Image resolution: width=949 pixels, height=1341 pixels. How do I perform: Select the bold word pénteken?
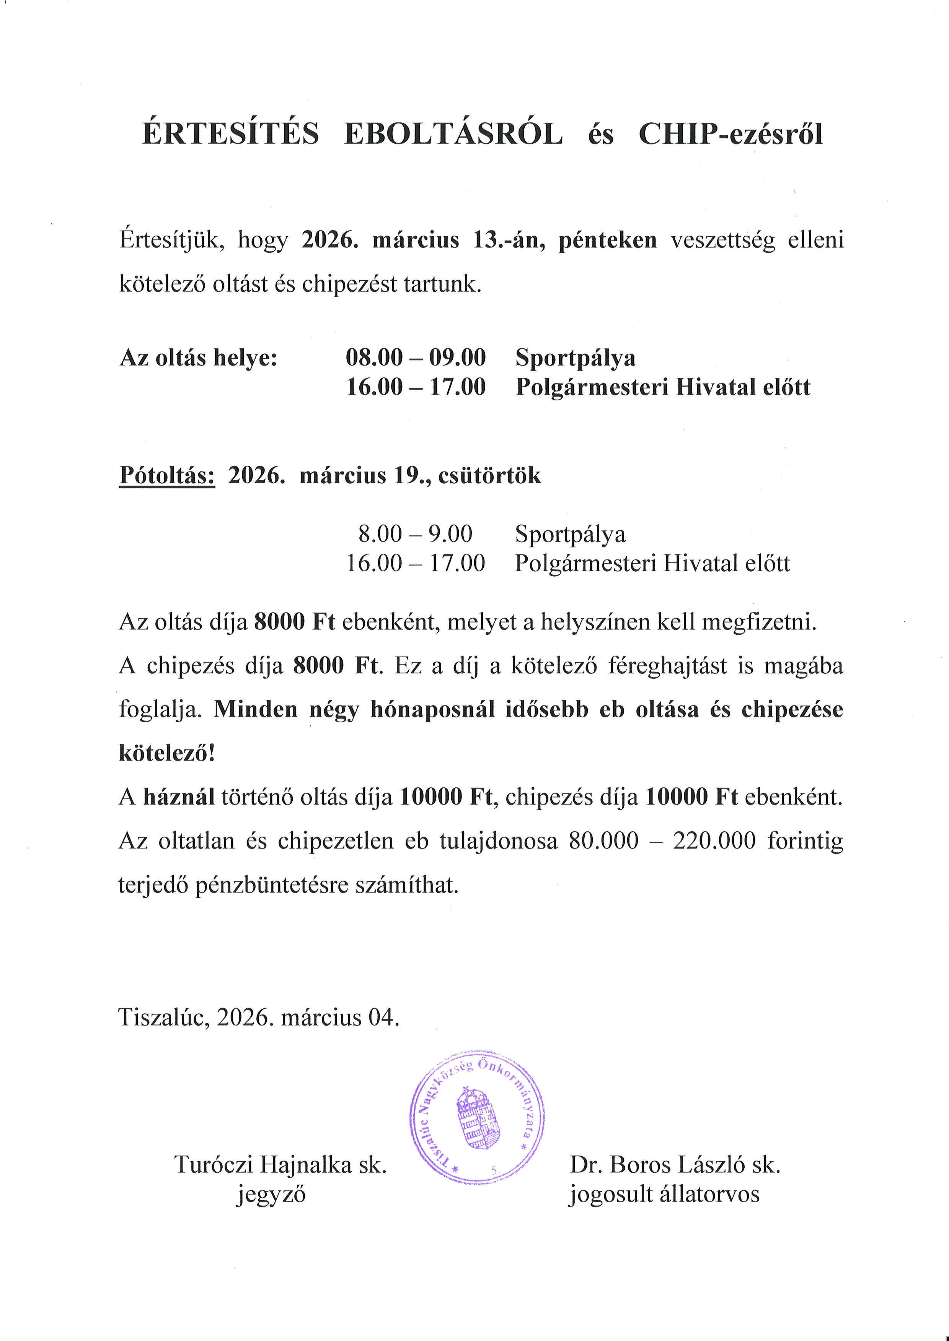608,240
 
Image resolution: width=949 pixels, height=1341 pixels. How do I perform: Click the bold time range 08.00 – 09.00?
416,358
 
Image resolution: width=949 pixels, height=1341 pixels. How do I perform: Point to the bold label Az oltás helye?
198,358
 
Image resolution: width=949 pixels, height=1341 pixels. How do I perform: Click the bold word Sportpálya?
575,358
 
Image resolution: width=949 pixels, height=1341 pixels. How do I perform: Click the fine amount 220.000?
714,841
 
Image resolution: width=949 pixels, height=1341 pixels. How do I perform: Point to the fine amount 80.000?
603,841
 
